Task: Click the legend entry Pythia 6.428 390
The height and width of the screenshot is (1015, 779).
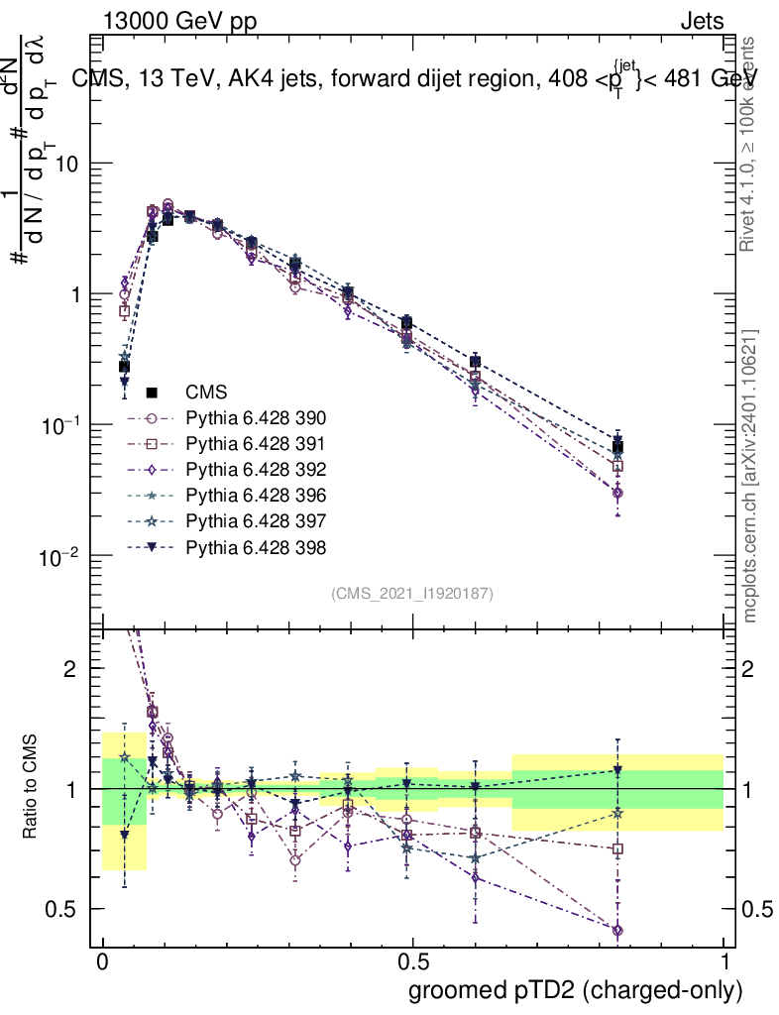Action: [256, 417]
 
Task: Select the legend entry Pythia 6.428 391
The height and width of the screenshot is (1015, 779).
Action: [256, 443]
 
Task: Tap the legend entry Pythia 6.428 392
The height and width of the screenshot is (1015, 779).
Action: [256, 469]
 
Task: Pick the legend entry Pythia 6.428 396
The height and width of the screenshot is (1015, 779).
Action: [256, 495]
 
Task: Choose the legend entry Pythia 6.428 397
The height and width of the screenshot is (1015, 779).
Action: [256, 520]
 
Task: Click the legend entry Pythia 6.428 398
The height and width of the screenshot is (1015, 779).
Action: [256, 546]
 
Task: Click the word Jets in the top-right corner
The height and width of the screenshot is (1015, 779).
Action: [701, 21]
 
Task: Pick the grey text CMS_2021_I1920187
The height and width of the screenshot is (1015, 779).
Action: [412, 593]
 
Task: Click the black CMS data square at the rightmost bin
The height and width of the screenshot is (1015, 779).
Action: [617, 447]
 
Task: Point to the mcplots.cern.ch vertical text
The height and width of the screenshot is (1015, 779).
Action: [750, 476]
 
